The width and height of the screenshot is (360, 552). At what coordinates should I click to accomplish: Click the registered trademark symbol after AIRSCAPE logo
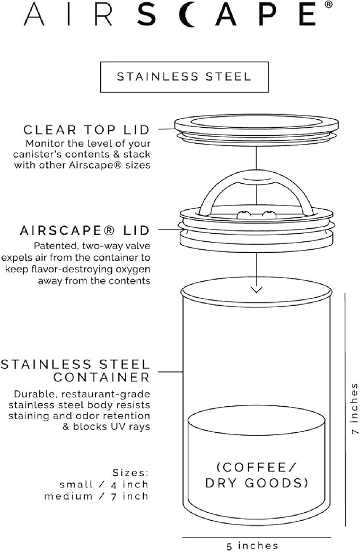329,6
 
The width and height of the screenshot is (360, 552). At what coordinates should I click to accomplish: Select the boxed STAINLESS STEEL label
183,76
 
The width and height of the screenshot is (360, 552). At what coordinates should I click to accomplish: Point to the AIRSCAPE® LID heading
85,231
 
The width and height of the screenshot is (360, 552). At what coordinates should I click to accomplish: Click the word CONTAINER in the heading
101,377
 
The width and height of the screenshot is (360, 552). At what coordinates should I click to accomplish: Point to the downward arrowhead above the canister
257,289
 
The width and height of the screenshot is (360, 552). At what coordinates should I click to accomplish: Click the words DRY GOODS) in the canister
257,483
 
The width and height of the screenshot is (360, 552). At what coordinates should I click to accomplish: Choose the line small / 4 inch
104,484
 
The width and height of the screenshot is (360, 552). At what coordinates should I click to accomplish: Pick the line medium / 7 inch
96,496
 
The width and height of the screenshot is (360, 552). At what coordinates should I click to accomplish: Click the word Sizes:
130,472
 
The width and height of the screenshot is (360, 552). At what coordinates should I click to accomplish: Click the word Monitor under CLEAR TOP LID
43,144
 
